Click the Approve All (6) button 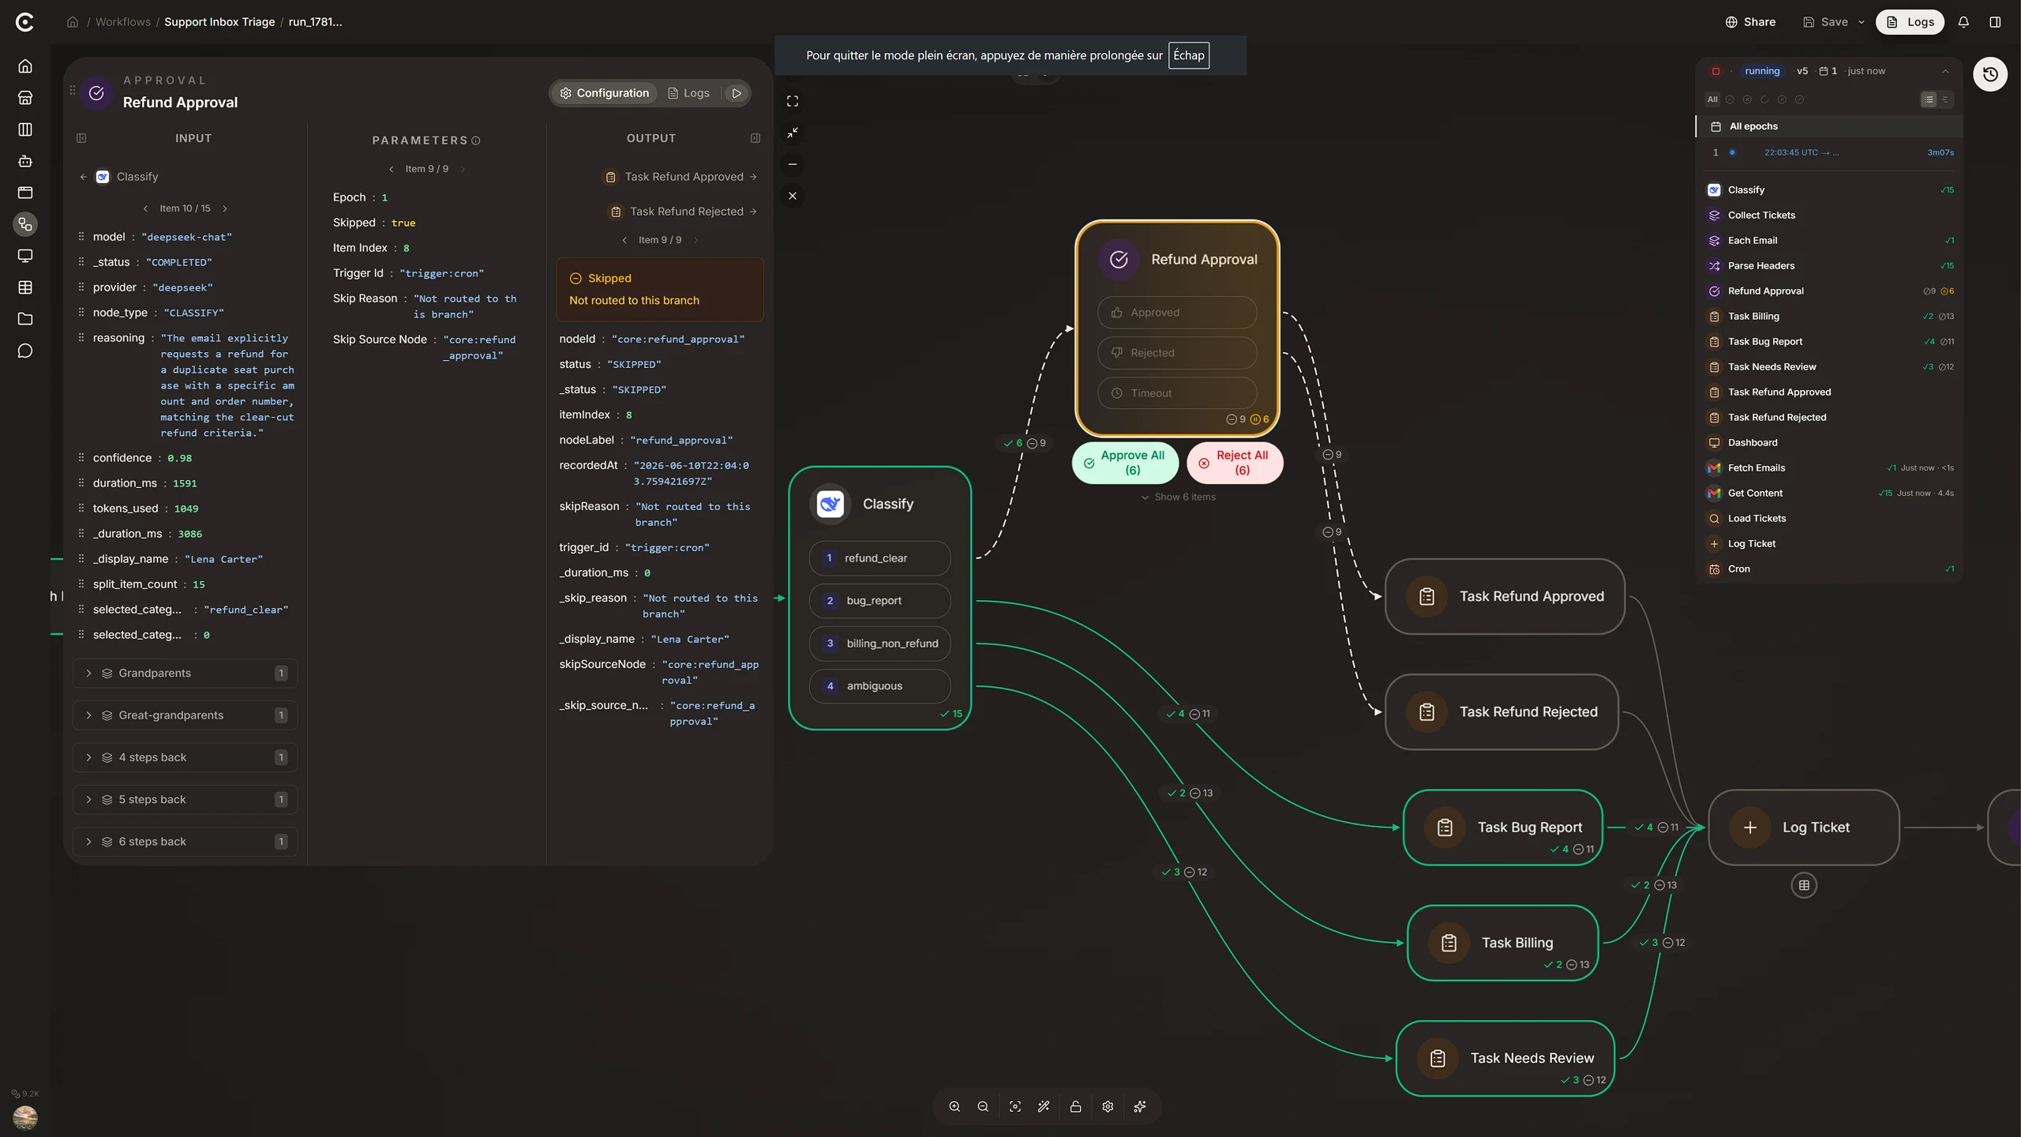point(1125,463)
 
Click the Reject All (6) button point(1235,463)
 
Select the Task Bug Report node point(1502,827)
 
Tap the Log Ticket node point(1803,827)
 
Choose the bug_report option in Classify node point(879,601)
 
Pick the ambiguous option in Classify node point(879,686)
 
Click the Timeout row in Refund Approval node point(1176,393)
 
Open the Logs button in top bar point(1910,22)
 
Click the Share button point(1750,22)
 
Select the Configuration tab point(604,93)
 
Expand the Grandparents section point(185,674)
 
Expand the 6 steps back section point(185,842)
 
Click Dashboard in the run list point(1752,443)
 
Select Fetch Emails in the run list point(1756,468)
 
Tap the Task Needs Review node point(1505,1059)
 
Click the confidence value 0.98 point(179,459)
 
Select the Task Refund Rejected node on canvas point(1502,712)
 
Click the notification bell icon point(1963,22)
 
